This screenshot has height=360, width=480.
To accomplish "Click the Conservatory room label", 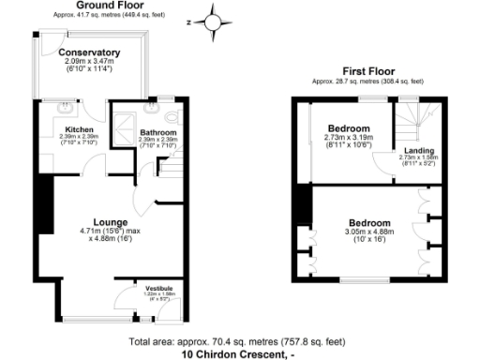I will [x=90, y=52].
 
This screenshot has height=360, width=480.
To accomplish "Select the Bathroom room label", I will [x=157, y=132].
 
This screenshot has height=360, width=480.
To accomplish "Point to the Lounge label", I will [x=111, y=222].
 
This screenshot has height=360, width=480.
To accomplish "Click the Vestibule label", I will [x=158, y=288].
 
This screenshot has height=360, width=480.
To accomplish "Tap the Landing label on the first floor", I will [x=418, y=151].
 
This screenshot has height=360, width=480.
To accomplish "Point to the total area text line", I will [x=238, y=341].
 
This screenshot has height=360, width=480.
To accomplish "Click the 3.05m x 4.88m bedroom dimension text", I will [x=367, y=236].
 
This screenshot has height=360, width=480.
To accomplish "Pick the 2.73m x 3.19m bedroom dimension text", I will [x=349, y=141].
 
